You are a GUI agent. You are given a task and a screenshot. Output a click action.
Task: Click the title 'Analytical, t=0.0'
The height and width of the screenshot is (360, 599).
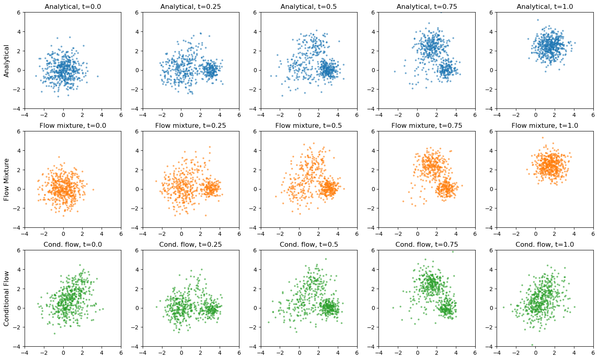pyautogui.click(x=73, y=6)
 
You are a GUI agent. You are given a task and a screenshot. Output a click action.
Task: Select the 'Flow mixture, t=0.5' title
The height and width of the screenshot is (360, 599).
pyautogui.click(x=309, y=125)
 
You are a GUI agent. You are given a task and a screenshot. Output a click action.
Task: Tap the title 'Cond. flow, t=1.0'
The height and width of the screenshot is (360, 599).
pyautogui.click(x=545, y=244)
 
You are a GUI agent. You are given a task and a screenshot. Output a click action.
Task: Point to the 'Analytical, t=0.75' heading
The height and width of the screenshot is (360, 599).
pyautogui.click(x=426, y=6)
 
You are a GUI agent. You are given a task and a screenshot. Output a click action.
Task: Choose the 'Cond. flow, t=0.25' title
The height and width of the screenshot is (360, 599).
pyautogui.click(x=191, y=244)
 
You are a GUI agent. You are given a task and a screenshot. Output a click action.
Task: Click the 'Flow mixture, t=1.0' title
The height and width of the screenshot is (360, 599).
pyautogui.click(x=545, y=125)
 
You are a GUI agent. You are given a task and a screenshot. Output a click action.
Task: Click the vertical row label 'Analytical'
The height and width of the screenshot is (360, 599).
pyautogui.click(x=6, y=60)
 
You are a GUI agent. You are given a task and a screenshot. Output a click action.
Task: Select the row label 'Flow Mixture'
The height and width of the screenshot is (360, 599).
pyautogui.click(x=6, y=179)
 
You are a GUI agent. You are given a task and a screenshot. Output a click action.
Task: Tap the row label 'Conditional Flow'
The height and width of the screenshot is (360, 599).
pyautogui.click(x=6, y=298)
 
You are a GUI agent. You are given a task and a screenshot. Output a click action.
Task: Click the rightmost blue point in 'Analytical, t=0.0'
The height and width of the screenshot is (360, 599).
pyautogui.click(x=98, y=76)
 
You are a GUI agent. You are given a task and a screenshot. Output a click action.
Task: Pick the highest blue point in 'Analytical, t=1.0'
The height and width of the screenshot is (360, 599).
pyautogui.click(x=537, y=20)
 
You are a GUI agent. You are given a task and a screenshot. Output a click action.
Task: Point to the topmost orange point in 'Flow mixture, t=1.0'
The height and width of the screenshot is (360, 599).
pyautogui.click(x=543, y=137)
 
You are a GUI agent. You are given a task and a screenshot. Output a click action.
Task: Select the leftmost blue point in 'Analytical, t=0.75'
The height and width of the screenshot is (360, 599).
pyautogui.click(x=395, y=71)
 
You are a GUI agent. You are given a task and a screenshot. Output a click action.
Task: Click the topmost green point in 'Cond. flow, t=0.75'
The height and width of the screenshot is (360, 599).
pyautogui.click(x=453, y=252)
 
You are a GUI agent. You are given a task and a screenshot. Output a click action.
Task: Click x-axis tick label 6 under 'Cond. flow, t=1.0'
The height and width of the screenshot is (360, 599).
pyautogui.click(x=593, y=353)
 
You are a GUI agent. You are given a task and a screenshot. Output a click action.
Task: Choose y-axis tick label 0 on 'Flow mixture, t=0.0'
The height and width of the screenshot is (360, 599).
pyautogui.click(x=20, y=189)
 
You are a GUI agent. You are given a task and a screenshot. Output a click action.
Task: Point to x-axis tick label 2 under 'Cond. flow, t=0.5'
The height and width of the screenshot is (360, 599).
pyautogui.click(x=318, y=353)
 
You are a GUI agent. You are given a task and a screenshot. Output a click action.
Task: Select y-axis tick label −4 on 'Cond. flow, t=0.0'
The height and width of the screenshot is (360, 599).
pyautogui.click(x=19, y=347)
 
